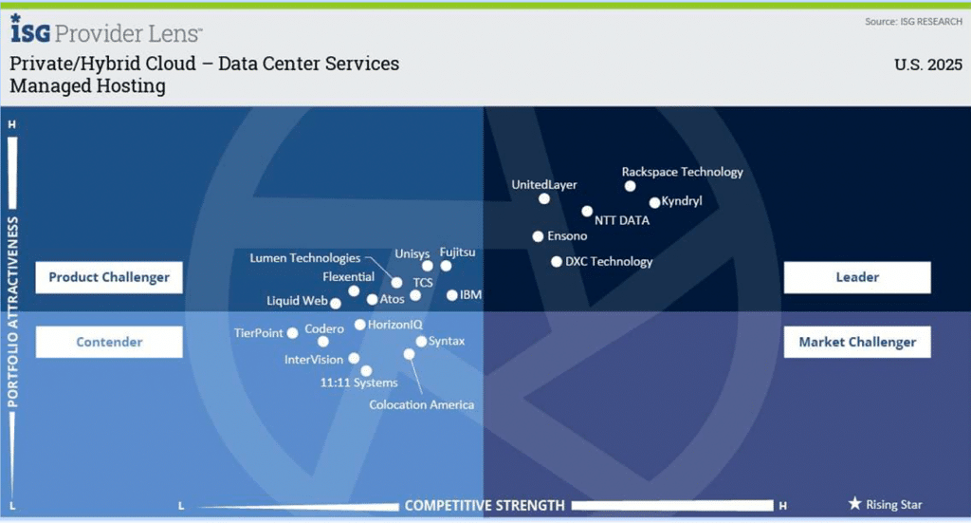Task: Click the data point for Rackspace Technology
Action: [x=630, y=186]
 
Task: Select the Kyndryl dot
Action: [x=654, y=202]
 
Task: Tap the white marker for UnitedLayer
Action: [x=543, y=199]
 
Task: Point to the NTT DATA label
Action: [x=622, y=220]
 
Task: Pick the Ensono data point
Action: [x=539, y=236]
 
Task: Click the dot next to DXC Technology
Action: [x=557, y=262]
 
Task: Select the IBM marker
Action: [x=452, y=295]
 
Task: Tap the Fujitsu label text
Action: [x=458, y=252]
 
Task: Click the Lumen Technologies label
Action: [x=304, y=258]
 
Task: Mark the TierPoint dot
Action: [x=292, y=333]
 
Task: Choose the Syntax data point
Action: [x=421, y=342]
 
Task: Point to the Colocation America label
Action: [x=422, y=404]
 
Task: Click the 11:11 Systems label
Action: [x=359, y=383]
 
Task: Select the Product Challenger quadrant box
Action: [x=109, y=277]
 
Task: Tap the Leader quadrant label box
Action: [x=857, y=277]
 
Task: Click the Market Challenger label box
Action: [x=857, y=342]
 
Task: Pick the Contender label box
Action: [x=109, y=342]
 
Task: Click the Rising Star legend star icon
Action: [x=854, y=503]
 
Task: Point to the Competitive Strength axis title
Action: [x=485, y=506]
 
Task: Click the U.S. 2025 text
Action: [x=928, y=65]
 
